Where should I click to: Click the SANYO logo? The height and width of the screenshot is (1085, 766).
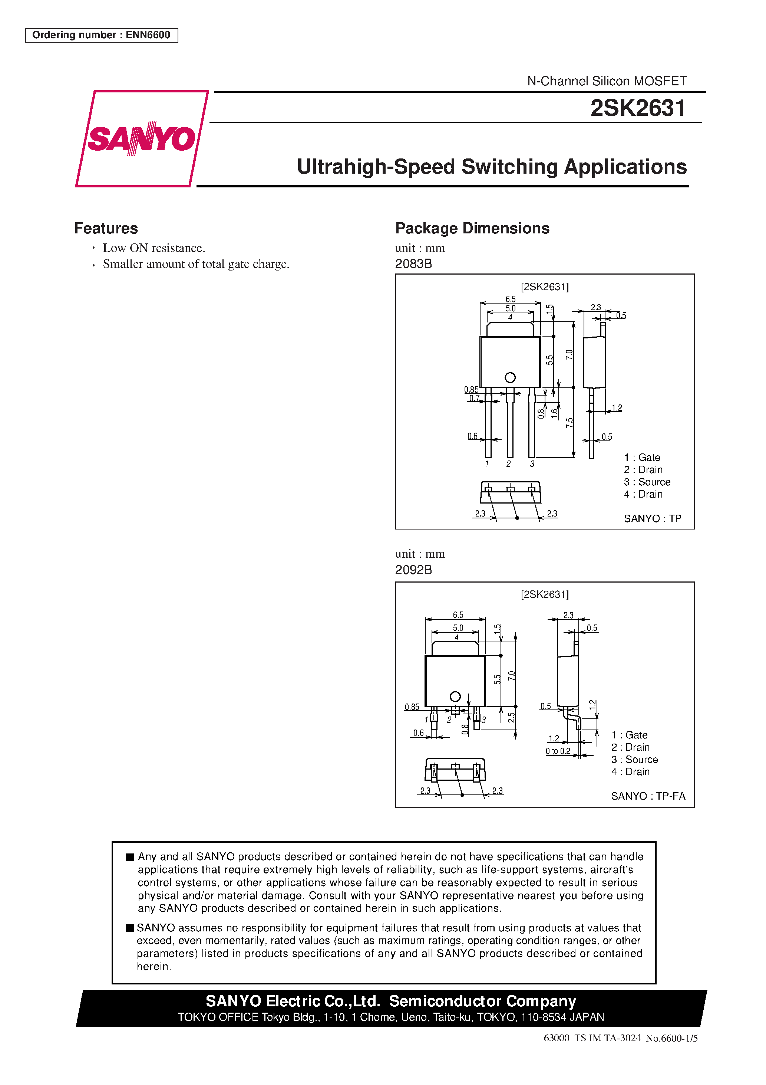[141, 138]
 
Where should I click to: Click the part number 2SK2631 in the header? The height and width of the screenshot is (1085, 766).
[638, 108]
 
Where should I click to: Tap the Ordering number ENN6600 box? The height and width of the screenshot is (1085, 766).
[101, 35]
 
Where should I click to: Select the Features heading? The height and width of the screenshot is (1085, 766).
[106, 228]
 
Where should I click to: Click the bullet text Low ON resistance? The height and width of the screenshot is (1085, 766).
[154, 248]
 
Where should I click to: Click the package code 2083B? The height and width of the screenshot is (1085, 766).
[413, 264]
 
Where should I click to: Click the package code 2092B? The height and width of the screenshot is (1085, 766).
[413, 570]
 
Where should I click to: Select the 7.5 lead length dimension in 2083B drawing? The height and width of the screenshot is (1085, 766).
[569, 423]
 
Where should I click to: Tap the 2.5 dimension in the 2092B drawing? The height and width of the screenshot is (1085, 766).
[511, 718]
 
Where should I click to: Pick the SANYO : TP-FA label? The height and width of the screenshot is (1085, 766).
[648, 796]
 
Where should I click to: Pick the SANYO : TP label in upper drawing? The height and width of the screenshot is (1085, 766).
[652, 518]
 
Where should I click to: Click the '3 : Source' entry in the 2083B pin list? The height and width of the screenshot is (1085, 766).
[647, 482]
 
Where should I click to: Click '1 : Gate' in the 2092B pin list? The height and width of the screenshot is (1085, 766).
[629, 735]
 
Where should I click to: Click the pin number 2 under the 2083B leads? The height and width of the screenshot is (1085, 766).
[508, 464]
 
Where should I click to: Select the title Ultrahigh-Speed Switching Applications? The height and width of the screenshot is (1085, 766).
[492, 167]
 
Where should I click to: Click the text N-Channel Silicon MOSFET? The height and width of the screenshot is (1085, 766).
[607, 81]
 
